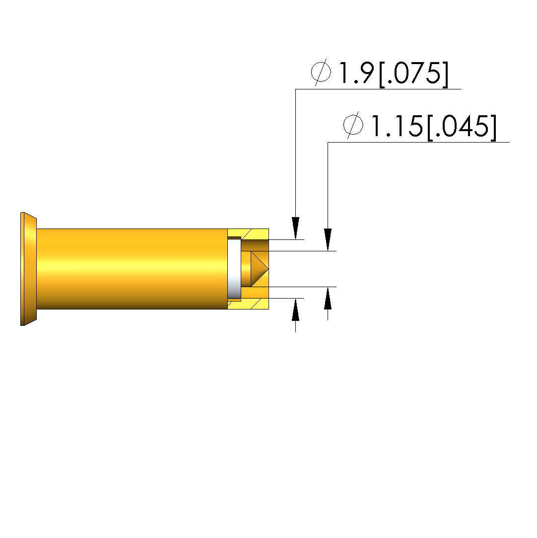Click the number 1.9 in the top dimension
click(x=356, y=73)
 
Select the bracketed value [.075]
click(x=413, y=74)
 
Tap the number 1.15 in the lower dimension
click(x=397, y=126)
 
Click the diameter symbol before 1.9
click(x=321, y=72)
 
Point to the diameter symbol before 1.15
click(x=353, y=125)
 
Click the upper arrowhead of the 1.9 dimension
click(x=295, y=228)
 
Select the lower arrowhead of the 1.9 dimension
click(x=295, y=310)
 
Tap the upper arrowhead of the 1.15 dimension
click(x=328, y=239)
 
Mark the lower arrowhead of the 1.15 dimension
click(x=328, y=298)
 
